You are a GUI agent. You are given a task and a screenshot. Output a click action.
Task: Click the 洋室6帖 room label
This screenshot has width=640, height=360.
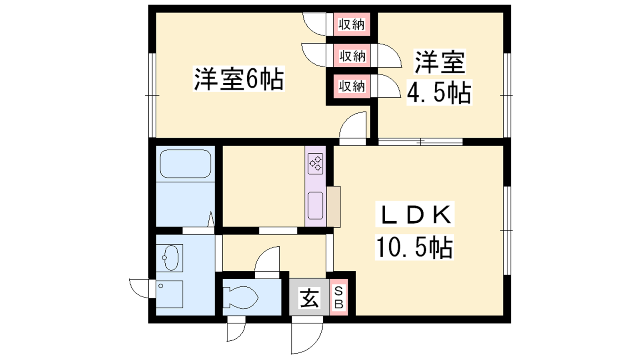(239, 78)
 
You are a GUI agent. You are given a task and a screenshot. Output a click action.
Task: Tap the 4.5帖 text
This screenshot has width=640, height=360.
(439, 92)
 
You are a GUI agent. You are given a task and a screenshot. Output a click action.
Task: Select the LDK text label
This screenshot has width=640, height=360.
(414, 214)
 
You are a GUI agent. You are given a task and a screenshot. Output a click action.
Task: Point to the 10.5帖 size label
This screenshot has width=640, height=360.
(414, 248)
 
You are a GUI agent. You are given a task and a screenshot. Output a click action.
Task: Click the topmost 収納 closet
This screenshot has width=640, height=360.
(352, 24)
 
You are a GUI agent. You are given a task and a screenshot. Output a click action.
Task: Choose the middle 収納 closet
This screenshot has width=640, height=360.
(352, 56)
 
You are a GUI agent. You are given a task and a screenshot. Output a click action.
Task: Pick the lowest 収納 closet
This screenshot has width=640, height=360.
(352, 86)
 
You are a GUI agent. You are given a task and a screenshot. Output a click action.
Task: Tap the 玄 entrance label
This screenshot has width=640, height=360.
(310, 298)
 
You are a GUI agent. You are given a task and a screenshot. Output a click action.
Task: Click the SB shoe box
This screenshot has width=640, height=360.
(339, 298)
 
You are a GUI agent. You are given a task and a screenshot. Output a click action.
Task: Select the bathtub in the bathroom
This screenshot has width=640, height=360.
(186, 164)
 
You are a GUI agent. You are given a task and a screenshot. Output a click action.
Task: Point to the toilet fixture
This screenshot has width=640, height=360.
(240, 297)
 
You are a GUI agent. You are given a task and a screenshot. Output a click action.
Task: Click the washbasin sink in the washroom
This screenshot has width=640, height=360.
(170, 258)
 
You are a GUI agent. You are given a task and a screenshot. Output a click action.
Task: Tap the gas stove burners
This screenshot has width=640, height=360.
(316, 164)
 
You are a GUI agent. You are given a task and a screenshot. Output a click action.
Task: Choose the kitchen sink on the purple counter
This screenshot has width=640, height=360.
(316, 206)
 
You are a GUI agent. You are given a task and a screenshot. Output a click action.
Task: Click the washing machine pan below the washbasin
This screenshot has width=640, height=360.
(170, 294)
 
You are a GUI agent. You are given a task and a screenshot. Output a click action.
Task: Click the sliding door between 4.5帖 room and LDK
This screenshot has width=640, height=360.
(420, 142)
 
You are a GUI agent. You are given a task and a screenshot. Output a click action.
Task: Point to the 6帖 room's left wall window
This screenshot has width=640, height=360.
(152, 95)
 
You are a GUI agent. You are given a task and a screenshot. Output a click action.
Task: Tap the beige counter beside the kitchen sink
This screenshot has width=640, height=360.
(334, 207)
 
